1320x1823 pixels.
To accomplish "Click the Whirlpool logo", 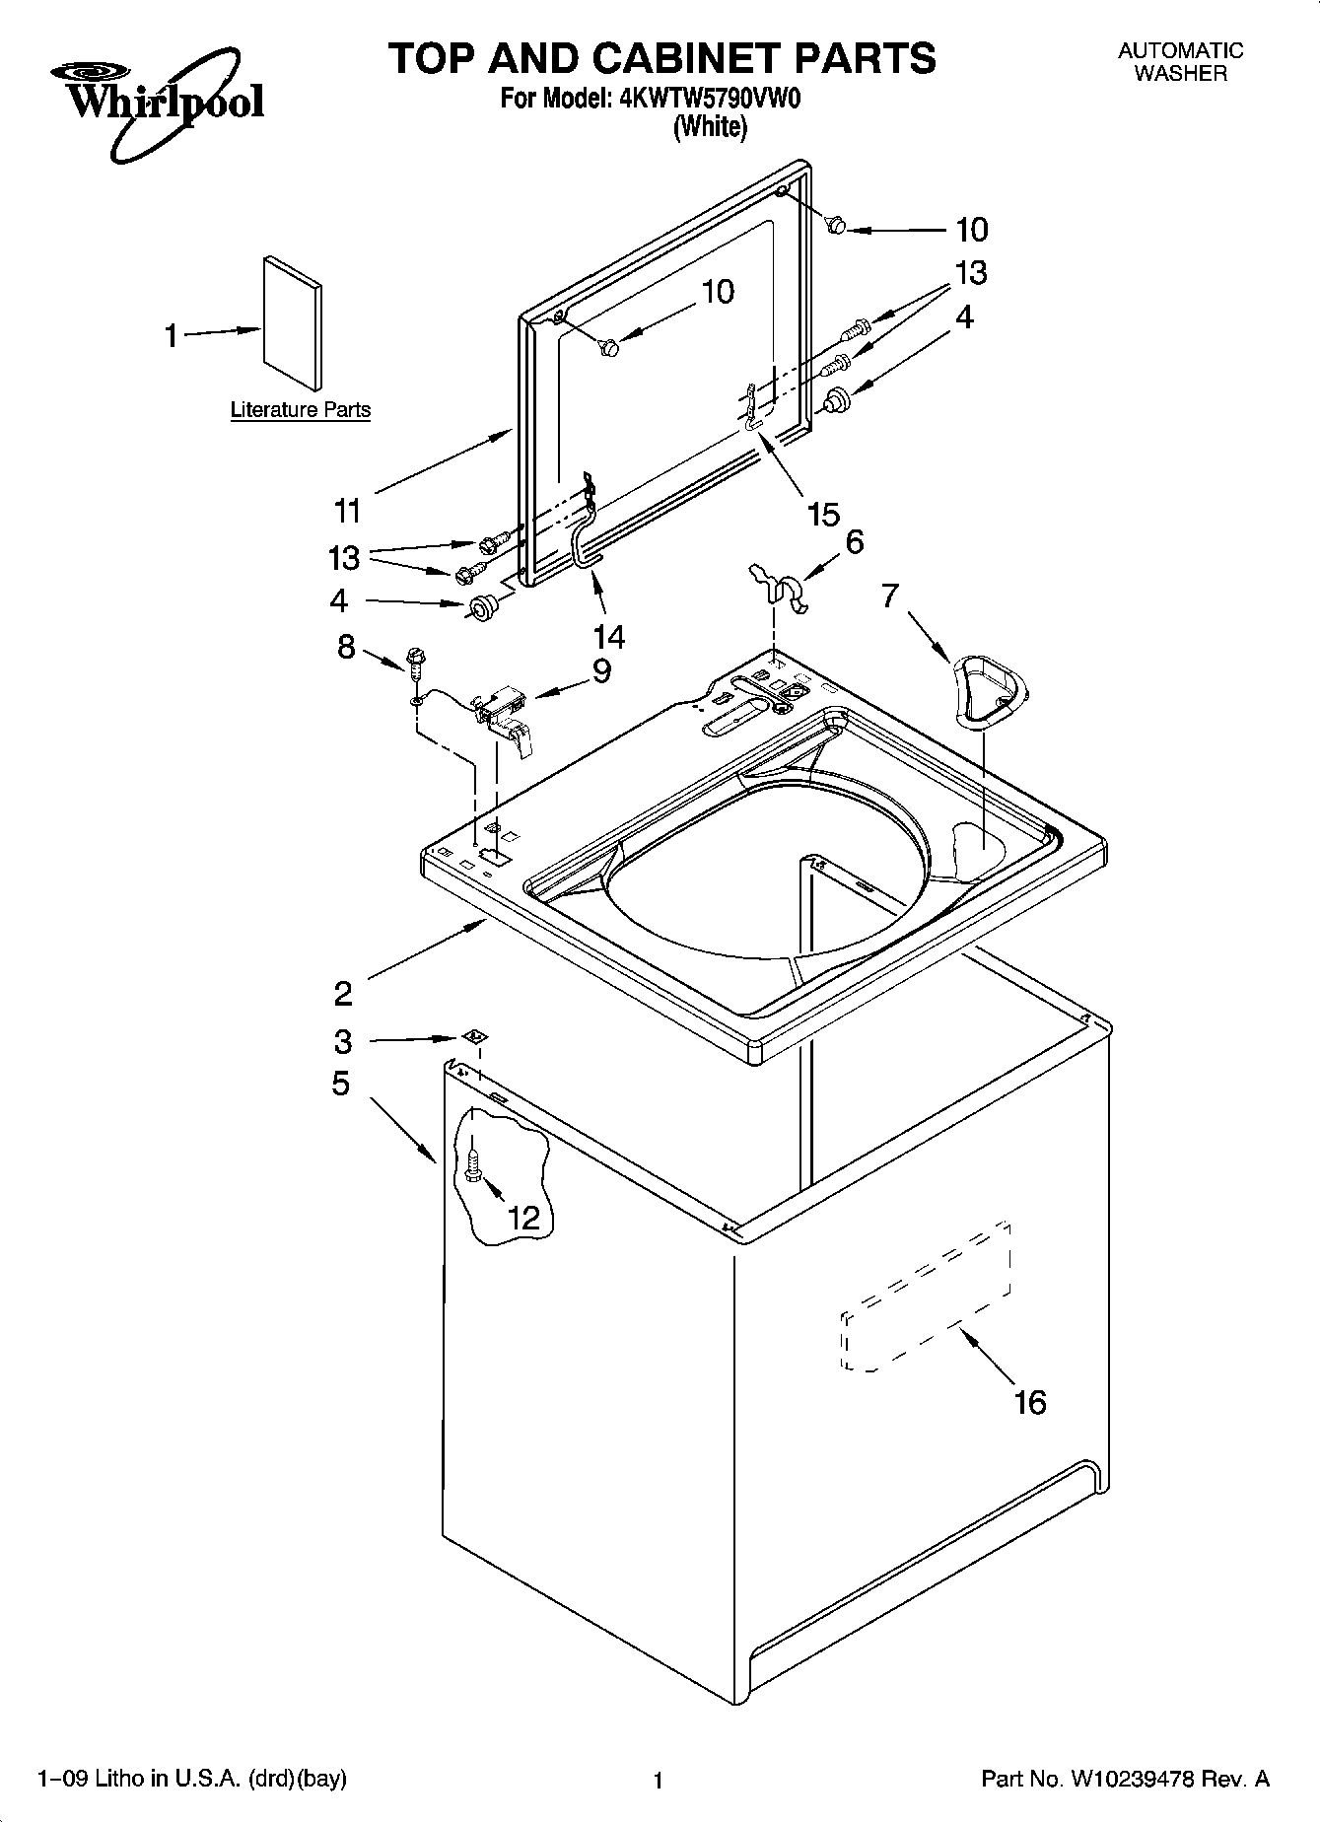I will (157, 102).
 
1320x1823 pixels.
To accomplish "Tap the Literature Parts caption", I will (301, 410).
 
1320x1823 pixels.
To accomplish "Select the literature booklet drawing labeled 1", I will (293, 324).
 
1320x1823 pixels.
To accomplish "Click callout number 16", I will (1030, 1401).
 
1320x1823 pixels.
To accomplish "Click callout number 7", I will (891, 596).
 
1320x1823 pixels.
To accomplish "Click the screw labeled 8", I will (415, 660).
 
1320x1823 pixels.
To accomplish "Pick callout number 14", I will (609, 637).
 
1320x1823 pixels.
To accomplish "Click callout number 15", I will (823, 514).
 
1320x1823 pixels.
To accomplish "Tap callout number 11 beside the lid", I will (347, 511).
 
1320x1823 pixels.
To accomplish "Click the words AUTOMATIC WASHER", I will (1180, 61).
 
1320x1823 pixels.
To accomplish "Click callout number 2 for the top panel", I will (343, 992).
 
